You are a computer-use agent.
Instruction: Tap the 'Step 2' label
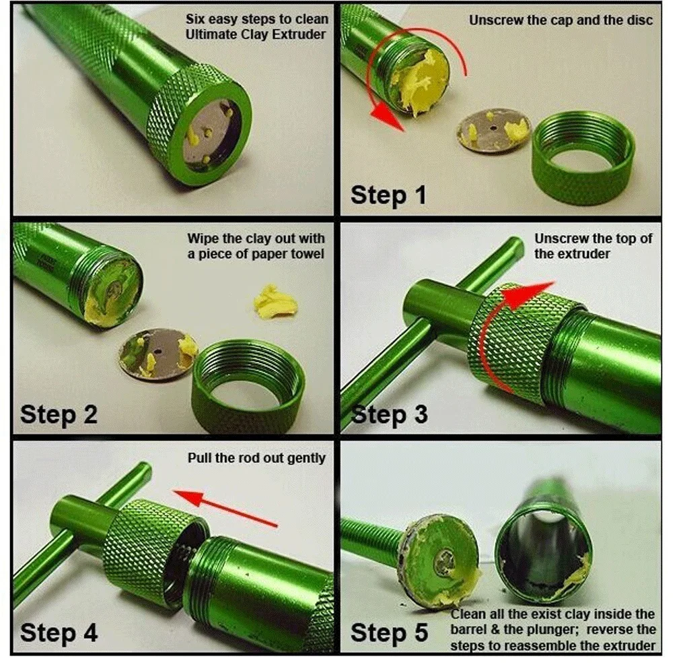(59, 414)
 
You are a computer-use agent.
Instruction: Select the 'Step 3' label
(389, 414)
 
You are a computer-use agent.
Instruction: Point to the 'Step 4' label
(59, 633)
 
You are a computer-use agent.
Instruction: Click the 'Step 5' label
(389, 633)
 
